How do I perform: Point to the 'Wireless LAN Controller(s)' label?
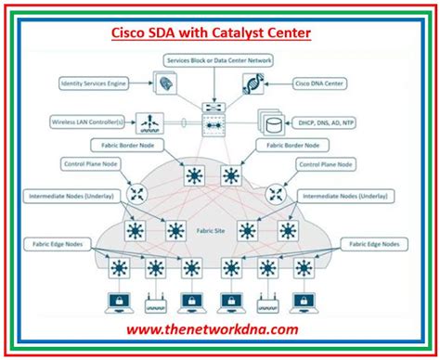[88, 121]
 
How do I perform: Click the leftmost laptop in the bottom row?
[119, 303]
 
